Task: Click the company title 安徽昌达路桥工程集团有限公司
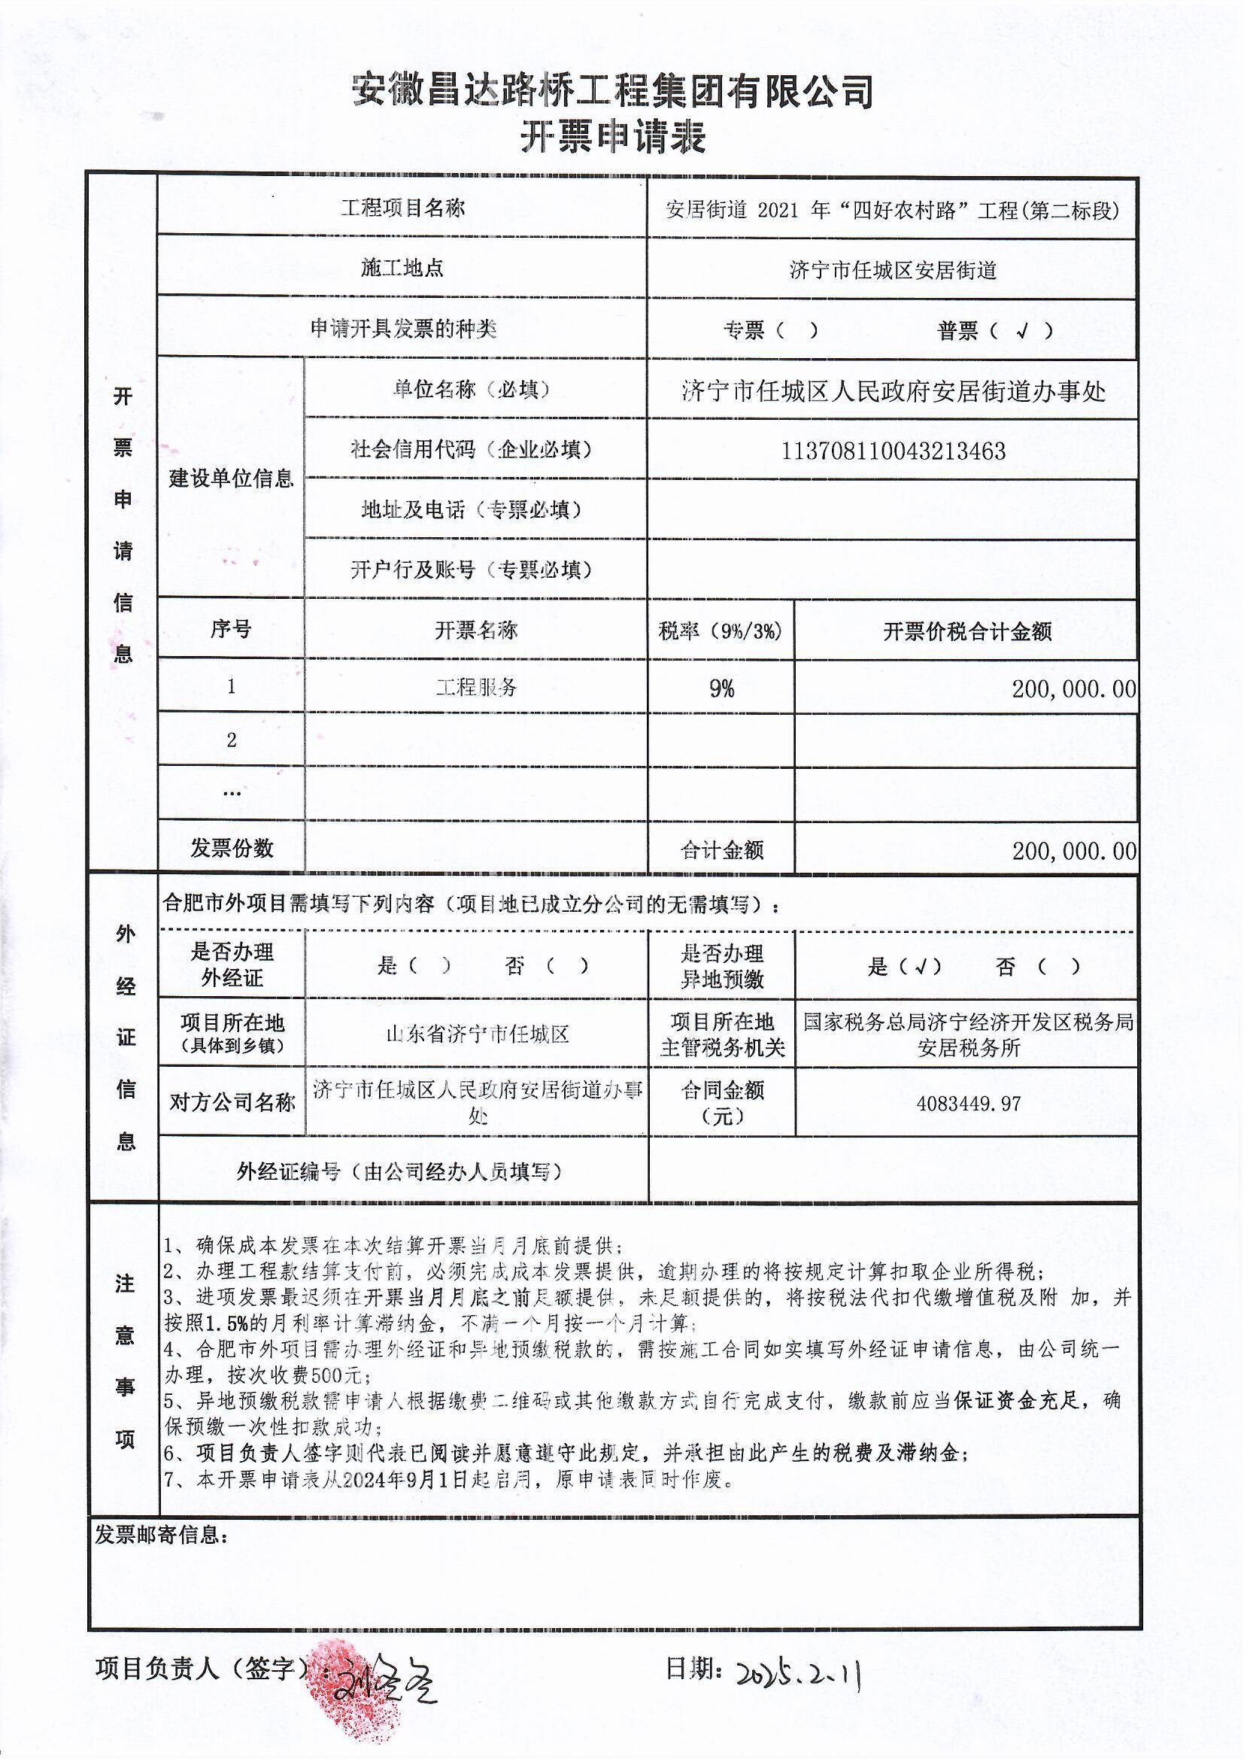(613, 92)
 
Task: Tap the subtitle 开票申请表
(613, 138)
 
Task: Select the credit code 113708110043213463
(893, 451)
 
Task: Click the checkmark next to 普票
(1022, 331)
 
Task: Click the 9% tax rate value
(721, 688)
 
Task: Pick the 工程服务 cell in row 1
(475, 687)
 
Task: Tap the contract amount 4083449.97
(968, 1104)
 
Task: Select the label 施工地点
(402, 268)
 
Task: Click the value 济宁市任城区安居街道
(893, 269)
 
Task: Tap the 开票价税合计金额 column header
(966, 631)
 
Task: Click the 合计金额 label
(721, 850)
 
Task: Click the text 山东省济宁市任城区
(476, 1034)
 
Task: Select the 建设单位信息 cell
(231, 478)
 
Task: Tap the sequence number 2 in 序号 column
(232, 741)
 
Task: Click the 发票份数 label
(232, 848)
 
